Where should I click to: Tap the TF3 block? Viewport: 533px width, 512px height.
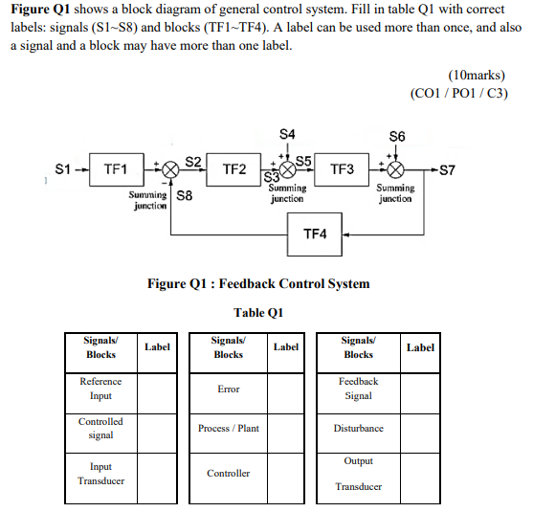[x=342, y=169]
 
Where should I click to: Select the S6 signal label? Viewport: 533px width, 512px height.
[x=396, y=136]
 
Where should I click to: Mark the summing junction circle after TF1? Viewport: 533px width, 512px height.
[x=170, y=170]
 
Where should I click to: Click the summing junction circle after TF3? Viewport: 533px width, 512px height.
[x=395, y=170]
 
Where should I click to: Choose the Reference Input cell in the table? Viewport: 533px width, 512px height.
[x=100, y=389]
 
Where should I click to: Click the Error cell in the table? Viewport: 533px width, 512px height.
[x=228, y=390]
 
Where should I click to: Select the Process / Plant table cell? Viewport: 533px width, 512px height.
[x=228, y=428]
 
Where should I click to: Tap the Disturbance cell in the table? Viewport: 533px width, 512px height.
[x=358, y=428]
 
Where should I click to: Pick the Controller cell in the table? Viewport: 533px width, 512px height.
[x=228, y=473]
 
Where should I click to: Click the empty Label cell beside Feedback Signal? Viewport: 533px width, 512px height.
[x=420, y=389]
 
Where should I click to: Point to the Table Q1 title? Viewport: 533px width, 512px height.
[x=258, y=313]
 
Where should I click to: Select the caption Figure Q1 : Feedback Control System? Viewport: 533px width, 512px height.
[x=257, y=283]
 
